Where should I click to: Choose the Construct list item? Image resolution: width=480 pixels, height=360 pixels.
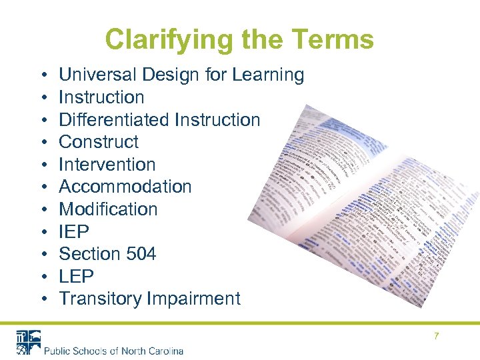click(99, 141)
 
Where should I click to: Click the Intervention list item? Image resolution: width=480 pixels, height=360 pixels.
click(107, 164)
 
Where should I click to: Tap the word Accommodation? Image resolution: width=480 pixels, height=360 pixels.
click(125, 187)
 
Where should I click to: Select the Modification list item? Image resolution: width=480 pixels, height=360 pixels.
click(109, 209)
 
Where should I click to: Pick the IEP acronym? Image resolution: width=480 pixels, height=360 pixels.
click(74, 231)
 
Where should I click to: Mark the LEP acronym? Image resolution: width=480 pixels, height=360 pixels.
click(77, 276)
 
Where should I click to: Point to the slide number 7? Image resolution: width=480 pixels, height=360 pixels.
click(437, 336)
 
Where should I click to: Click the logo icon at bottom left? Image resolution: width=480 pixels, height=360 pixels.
click(28, 342)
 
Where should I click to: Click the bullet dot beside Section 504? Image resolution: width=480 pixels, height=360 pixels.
click(43, 254)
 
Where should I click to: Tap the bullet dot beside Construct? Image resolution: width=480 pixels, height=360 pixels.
click(43, 142)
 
